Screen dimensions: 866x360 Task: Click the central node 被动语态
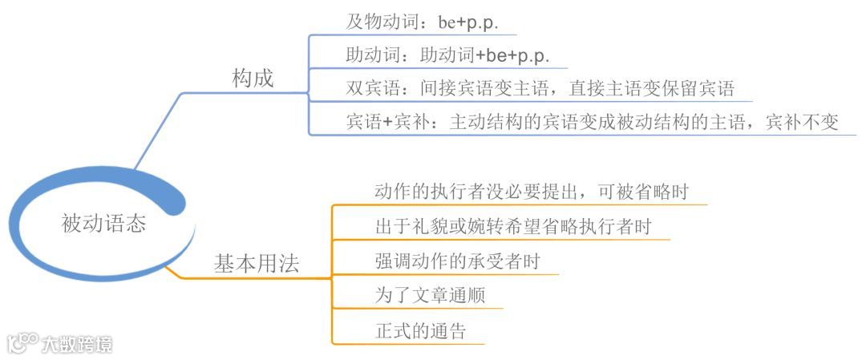click(x=103, y=224)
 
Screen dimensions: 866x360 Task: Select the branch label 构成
click(x=253, y=79)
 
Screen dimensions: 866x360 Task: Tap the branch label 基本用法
click(x=257, y=265)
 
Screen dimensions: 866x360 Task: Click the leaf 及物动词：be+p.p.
click(x=422, y=22)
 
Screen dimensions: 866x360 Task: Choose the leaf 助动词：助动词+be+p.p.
click(x=447, y=56)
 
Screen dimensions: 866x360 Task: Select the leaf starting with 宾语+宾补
click(x=592, y=122)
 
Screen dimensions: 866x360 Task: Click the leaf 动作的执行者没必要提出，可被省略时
click(x=532, y=192)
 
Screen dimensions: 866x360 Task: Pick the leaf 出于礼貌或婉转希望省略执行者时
click(x=512, y=226)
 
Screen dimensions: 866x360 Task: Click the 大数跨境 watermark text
click(x=78, y=344)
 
